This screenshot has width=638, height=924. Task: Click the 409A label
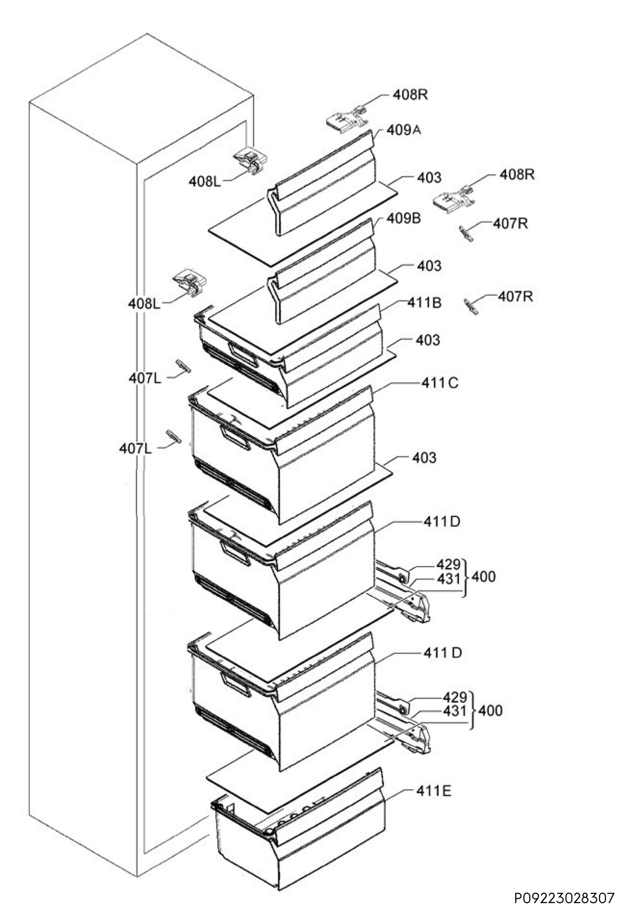point(404,130)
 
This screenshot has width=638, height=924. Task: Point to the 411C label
point(440,383)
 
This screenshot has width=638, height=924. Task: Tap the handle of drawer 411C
point(235,437)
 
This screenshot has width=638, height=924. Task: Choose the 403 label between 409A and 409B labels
point(429,177)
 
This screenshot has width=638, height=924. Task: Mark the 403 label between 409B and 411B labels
point(429,266)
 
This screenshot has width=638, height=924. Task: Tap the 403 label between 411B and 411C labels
point(428,340)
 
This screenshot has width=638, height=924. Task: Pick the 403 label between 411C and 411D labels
point(424,458)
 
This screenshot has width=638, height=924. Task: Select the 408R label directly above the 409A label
point(411,95)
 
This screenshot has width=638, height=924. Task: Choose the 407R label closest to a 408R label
point(510,224)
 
